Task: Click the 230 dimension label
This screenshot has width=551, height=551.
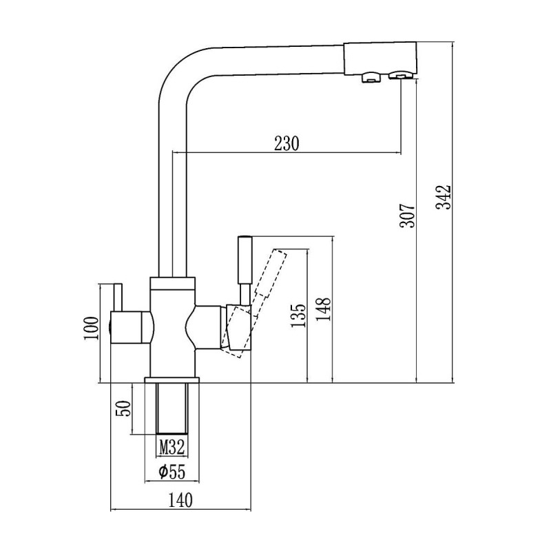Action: pos(287,144)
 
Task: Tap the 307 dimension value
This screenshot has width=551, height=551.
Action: pos(408,216)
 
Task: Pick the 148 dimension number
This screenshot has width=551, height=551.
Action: pos(324,310)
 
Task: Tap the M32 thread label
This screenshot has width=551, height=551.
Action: pos(172,448)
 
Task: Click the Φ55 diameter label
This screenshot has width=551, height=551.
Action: pos(172,472)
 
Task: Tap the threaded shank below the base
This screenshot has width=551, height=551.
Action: pos(172,410)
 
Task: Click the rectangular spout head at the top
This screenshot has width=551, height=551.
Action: pos(379,58)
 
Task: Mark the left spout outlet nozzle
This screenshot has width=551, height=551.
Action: pos(370,78)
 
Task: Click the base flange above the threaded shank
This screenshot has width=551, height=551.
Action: pos(172,380)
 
